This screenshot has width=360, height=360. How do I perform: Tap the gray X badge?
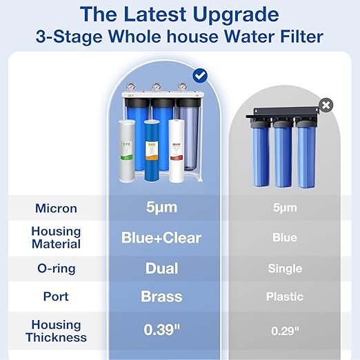[326, 105]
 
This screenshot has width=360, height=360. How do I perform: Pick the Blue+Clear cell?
[162, 238]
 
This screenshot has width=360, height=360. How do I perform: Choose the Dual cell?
[162, 268]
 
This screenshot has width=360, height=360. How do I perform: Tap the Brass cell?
[162, 297]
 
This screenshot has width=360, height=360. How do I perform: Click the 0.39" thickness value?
[162, 330]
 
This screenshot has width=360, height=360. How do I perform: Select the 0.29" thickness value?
[285, 330]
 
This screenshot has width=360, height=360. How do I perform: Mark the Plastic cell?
[285, 297]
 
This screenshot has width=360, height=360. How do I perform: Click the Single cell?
[285, 268]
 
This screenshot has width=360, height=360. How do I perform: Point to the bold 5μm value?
[162, 207]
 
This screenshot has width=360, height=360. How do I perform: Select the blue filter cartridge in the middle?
[152, 154]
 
